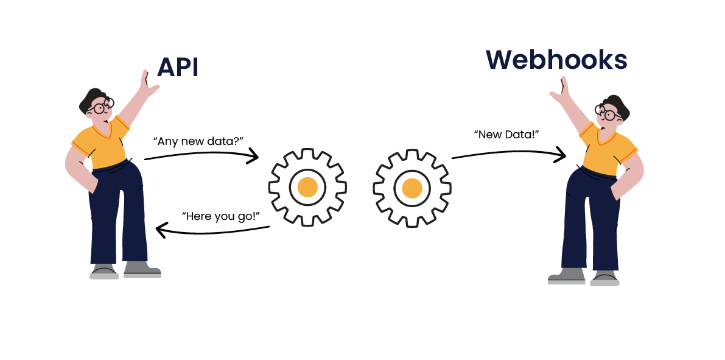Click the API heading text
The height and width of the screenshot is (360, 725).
178,68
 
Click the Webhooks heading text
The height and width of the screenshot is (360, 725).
556,60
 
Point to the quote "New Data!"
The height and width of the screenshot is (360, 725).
507,134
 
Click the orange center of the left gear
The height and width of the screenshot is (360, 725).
307,186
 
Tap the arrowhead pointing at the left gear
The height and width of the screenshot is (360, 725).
254,157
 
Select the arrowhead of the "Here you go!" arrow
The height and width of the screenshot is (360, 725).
161,230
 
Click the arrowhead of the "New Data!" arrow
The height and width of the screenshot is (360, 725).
561,155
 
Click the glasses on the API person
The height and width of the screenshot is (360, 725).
100,108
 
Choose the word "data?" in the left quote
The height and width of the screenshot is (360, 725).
227,141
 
